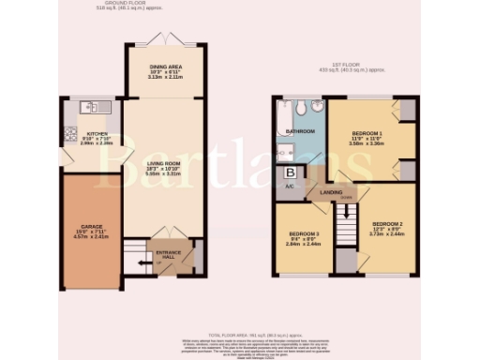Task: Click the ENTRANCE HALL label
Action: [x=170, y=254]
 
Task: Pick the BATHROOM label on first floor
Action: [x=300, y=132]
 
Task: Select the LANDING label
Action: [x=332, y=193]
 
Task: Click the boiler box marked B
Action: [x=290, y=172]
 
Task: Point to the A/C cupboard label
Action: [x=289, y=186]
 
